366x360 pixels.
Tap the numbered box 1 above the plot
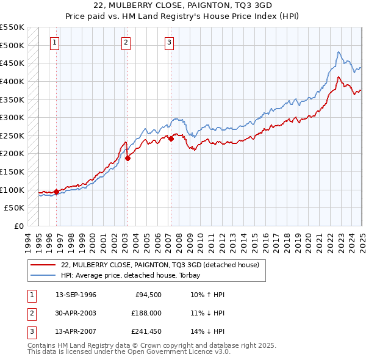[55, 43]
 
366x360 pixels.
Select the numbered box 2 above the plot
[126, 43]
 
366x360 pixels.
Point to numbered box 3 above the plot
[169, 43]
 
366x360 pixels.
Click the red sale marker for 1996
[56, 192]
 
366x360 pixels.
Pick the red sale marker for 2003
[127, 158]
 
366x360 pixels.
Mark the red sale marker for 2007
[171, 139]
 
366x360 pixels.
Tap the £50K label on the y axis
[15, 208]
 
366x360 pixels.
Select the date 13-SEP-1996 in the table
[76, 295]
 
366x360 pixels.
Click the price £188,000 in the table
[146, 314]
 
